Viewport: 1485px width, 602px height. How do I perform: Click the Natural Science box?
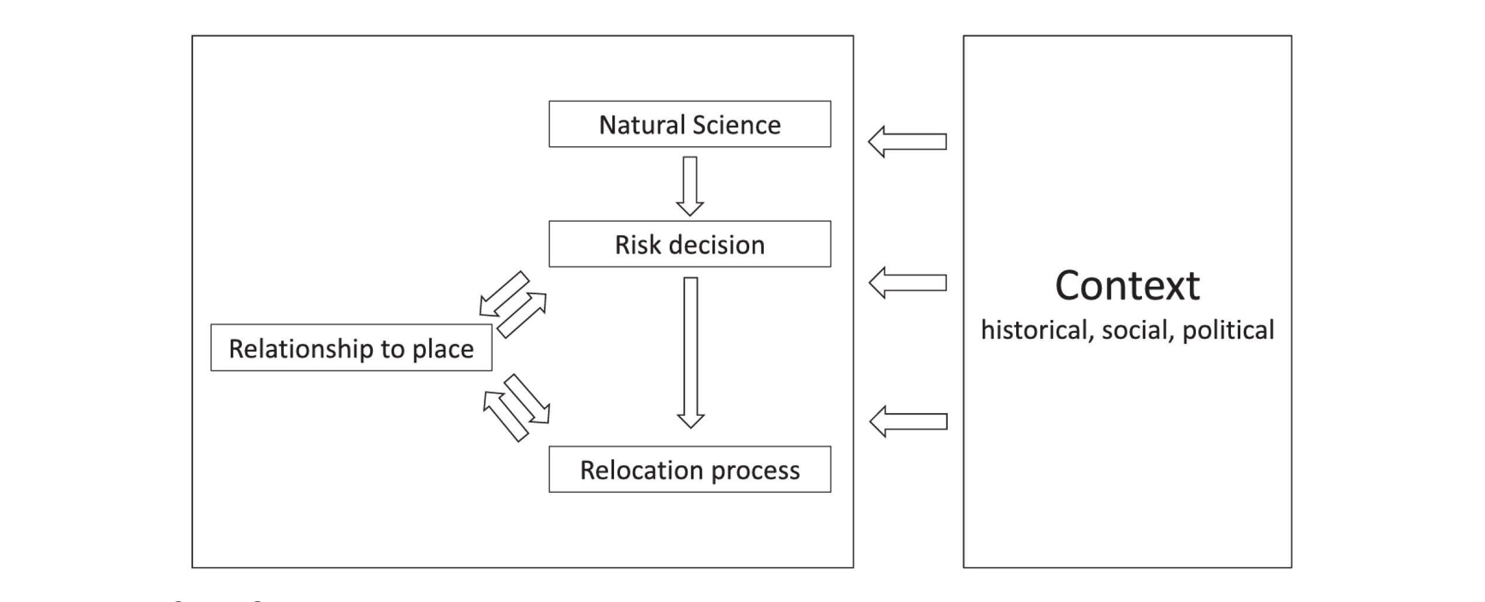[689, 124]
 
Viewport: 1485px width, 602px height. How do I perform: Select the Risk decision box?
[689, 244]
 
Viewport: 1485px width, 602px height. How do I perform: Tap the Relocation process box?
[689, 470]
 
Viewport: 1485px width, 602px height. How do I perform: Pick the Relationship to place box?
[351, 348]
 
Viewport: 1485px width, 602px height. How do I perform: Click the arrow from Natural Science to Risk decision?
[690, 186]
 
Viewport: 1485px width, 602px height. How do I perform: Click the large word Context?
[1127, 285]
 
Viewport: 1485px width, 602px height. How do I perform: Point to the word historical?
[1034, 330]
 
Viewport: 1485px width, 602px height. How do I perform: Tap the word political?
[1227, 330]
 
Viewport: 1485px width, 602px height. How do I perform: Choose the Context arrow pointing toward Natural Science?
[907, 142]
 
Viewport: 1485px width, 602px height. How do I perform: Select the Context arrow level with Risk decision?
[907, 283]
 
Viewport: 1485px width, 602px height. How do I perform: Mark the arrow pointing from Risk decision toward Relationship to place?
[504, 294]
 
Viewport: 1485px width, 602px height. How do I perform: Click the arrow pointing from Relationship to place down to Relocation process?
[527, 400]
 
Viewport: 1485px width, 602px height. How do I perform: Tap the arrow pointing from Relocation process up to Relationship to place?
[506, 416]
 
